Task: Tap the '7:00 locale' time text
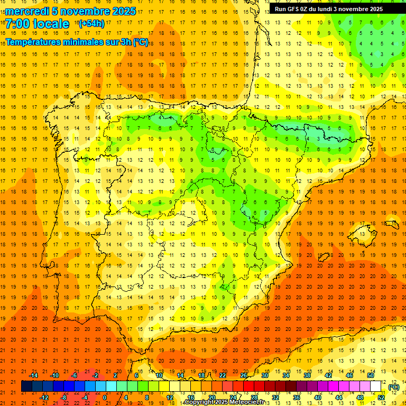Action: [37, 24]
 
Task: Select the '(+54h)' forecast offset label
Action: [91, 24]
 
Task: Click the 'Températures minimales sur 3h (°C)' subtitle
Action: [77, 42]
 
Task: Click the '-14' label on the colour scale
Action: [33, 375]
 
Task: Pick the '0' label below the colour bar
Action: [105, 398]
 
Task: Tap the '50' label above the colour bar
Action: [370, 375]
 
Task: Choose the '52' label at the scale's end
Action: [381, 398]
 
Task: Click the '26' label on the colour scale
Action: [243, 375]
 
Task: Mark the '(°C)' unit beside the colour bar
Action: [393, 387]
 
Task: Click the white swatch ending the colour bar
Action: [375, 386]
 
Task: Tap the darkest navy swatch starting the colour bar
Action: [26, 386]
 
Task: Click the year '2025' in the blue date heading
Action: [124, 11]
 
